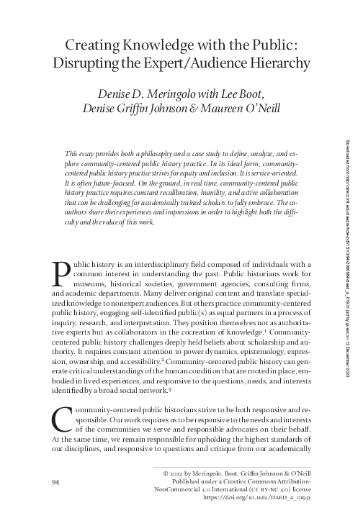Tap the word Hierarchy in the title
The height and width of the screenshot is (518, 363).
pyautogui.click(x=274, y=63)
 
